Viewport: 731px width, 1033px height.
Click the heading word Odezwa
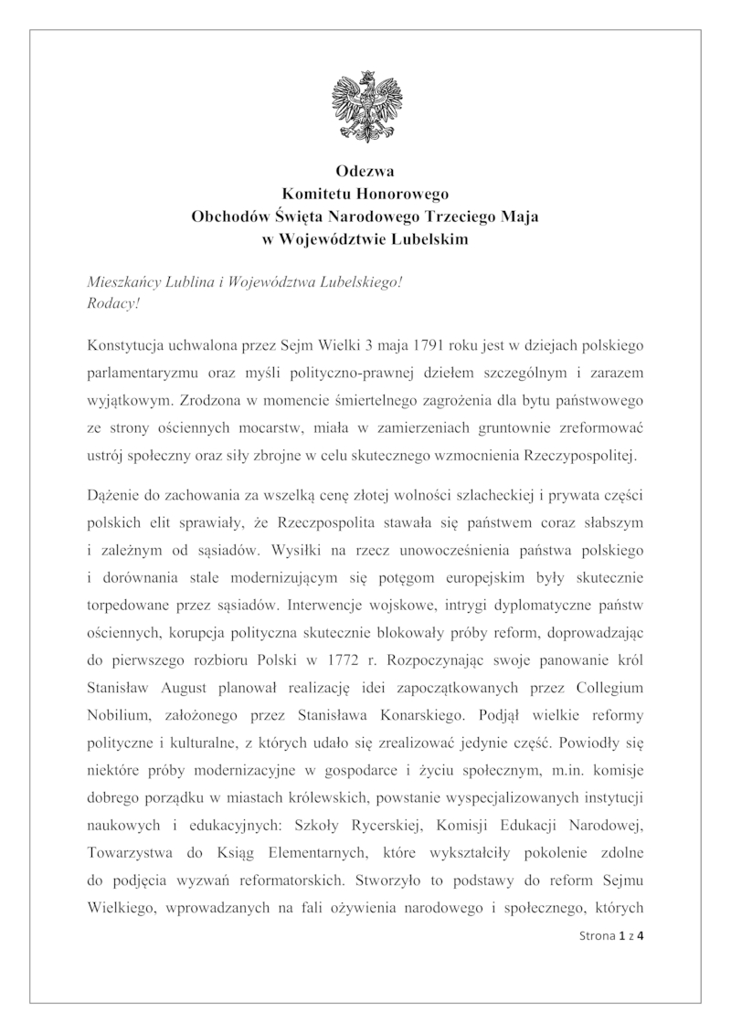tap(365, 170)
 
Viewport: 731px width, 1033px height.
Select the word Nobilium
tap(116, 709)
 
